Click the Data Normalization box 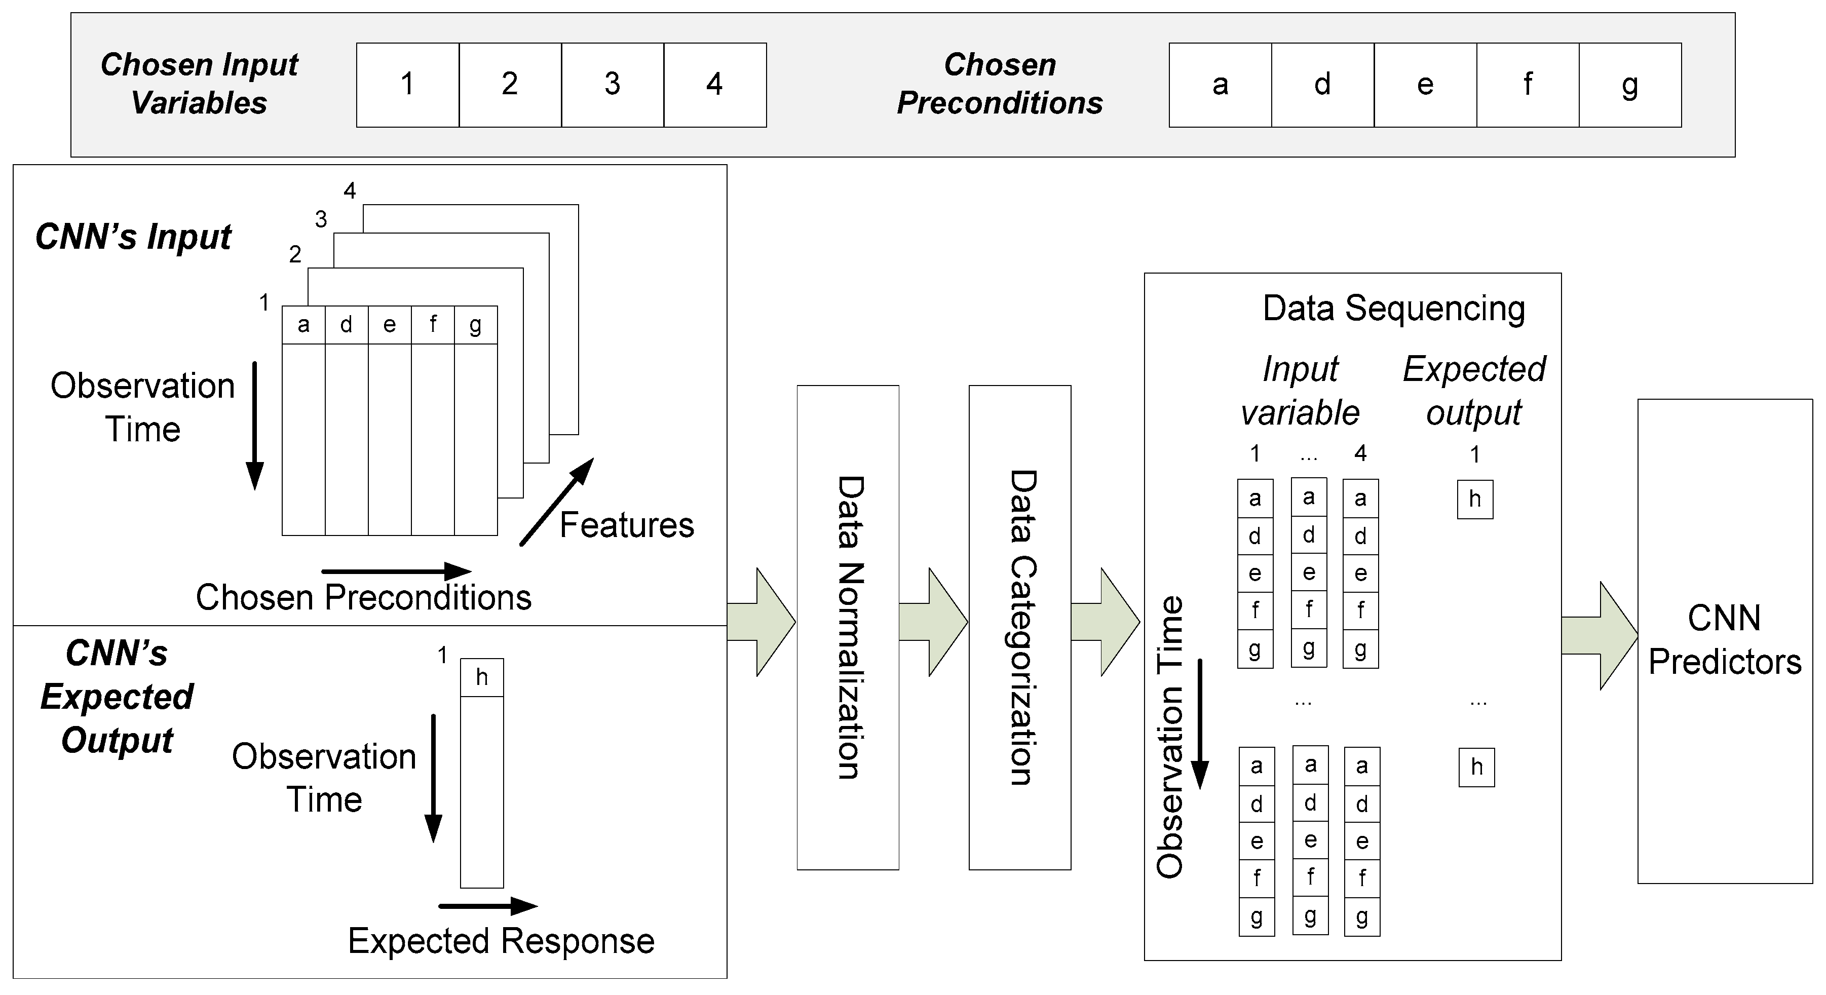(848, 627)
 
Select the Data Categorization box (1019, 627)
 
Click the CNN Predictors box (1724, 641)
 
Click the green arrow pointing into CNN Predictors (1599, 636)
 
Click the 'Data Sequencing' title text (1394, 309)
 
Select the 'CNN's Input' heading (133, 237)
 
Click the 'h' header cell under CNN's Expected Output (482, 677)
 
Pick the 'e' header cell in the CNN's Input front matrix (389, 325)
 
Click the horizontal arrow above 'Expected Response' (488, 906)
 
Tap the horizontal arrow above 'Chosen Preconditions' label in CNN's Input (396, 570)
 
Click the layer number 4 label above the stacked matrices (350, 190)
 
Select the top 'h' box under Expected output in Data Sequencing (1475, 500)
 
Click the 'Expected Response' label (501, 941)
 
